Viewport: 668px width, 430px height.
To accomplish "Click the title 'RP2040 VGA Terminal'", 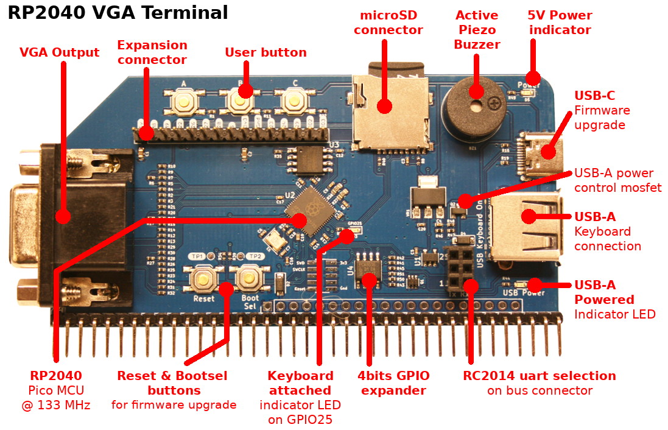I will click(x=118, y=13).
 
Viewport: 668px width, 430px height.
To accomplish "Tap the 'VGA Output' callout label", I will click(x=59, y=53).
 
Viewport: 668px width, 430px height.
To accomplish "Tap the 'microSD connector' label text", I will click(x=388, y=23).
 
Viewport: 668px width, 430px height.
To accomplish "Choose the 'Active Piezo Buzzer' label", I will click(x=477, y=30).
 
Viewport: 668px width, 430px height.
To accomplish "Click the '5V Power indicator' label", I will click(x=560, y=23).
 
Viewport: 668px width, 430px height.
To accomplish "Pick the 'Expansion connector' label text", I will click(x=152, y=52).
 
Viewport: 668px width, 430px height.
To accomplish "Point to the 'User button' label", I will click(x=265, y=52).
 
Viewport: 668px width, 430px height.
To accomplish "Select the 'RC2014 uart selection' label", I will click(x=540, y=376).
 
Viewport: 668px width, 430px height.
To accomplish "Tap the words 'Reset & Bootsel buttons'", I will click(x=173, y=383).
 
